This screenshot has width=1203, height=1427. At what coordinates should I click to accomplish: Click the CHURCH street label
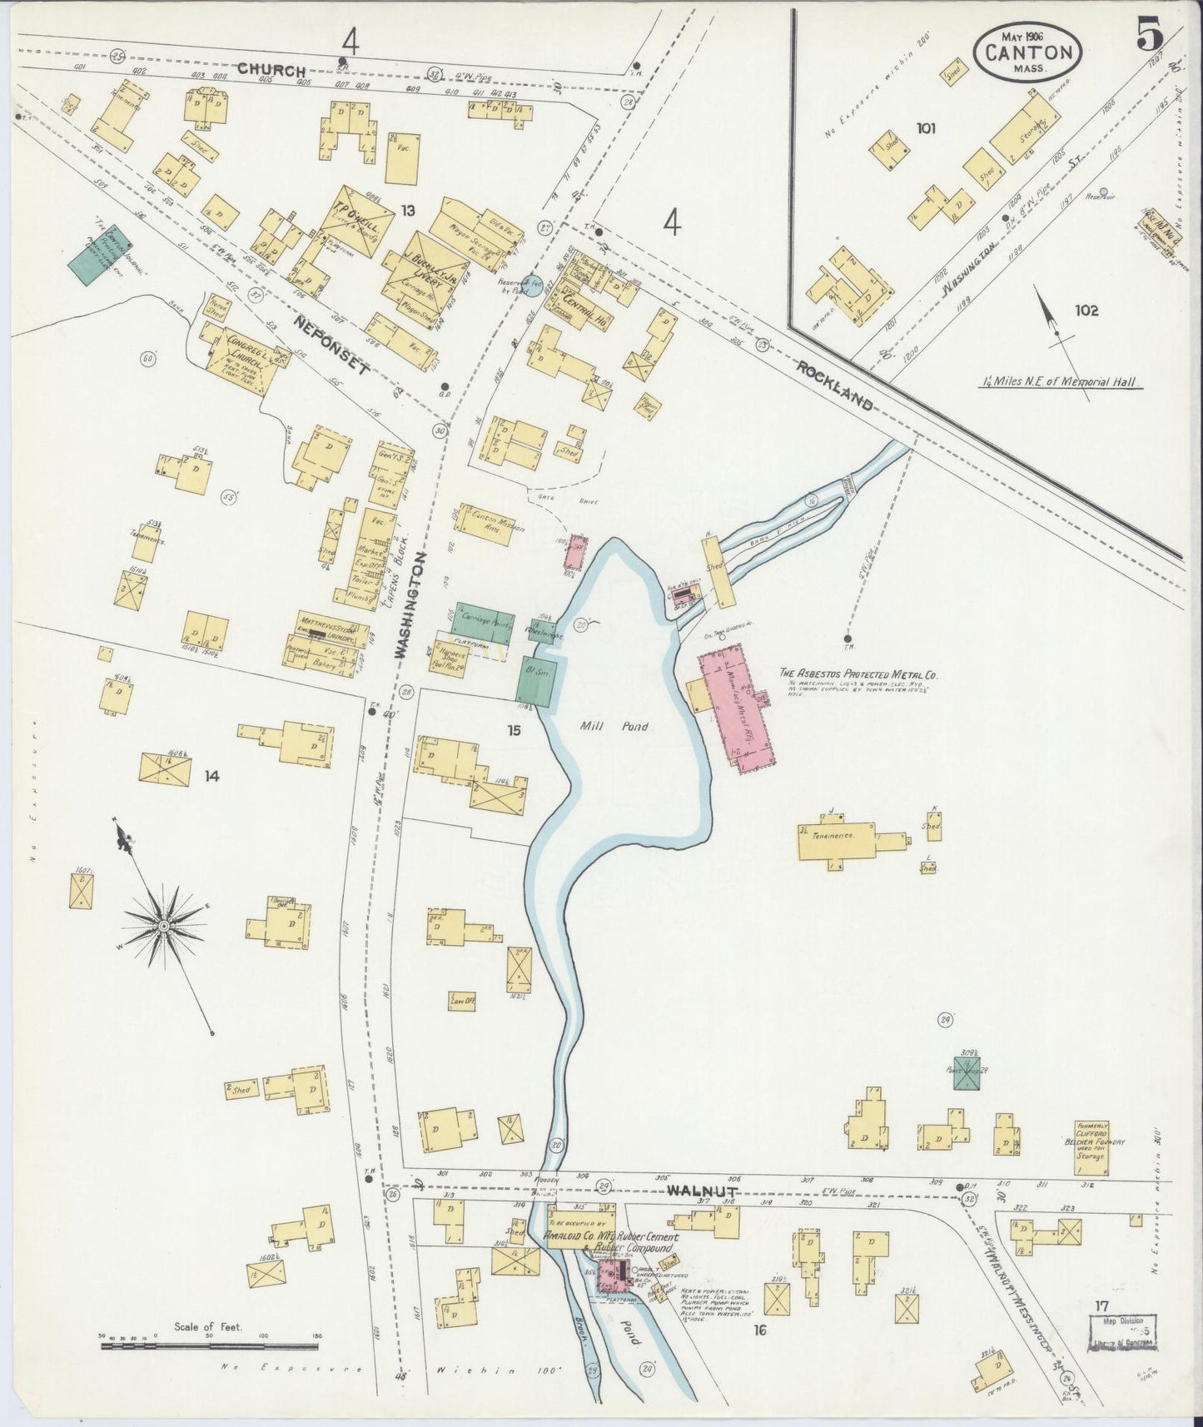(x=271, y=71)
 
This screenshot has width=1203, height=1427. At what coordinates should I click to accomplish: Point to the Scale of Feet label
(x=208, y=1326)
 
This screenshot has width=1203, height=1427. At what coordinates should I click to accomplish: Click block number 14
(x=211, y=776)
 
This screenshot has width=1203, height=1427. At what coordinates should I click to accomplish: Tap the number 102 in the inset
(x=1086, y=311)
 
